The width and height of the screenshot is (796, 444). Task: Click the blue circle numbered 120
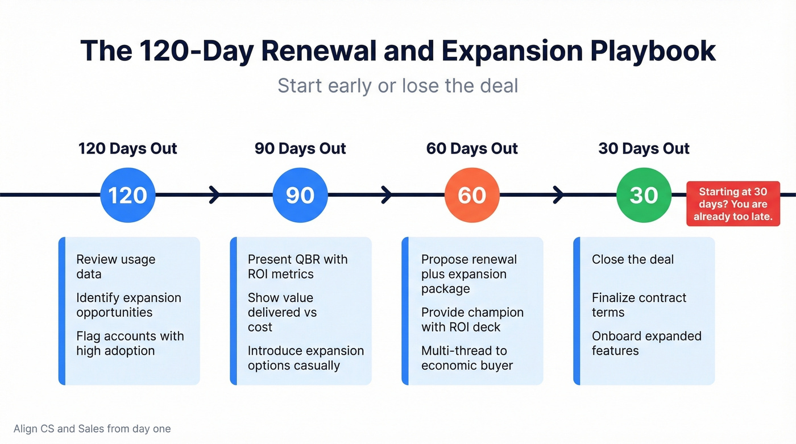[127, 195]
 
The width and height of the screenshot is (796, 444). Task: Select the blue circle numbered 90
[300, 195]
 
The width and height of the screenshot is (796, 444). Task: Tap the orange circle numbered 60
[472, 195]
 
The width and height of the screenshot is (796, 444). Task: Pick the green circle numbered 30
[644, 195]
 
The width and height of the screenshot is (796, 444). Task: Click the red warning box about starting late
[733, 204]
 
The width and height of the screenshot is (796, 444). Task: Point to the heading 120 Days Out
[127, 149]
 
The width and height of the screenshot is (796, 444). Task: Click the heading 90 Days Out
[300, 149]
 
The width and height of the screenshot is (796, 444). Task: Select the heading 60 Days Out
[472, 149]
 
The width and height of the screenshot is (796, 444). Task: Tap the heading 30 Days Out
[644, 149]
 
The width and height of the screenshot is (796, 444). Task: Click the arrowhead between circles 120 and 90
[215, 195]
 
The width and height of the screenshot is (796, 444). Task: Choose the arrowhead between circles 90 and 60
[387, 195]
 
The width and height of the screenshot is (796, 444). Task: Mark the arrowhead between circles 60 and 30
[558, 195]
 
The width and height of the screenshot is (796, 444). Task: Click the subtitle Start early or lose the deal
[398, 86]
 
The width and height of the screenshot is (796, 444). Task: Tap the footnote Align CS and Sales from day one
[92, 429]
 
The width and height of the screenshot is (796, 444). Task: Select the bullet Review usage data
[115, 267]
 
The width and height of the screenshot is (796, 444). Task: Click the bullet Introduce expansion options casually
[305, 358]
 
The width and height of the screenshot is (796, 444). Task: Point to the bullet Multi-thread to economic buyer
[466, 358]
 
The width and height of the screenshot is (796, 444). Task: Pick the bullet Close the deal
[632, 260]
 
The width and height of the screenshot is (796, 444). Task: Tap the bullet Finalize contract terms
[639, 305]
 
